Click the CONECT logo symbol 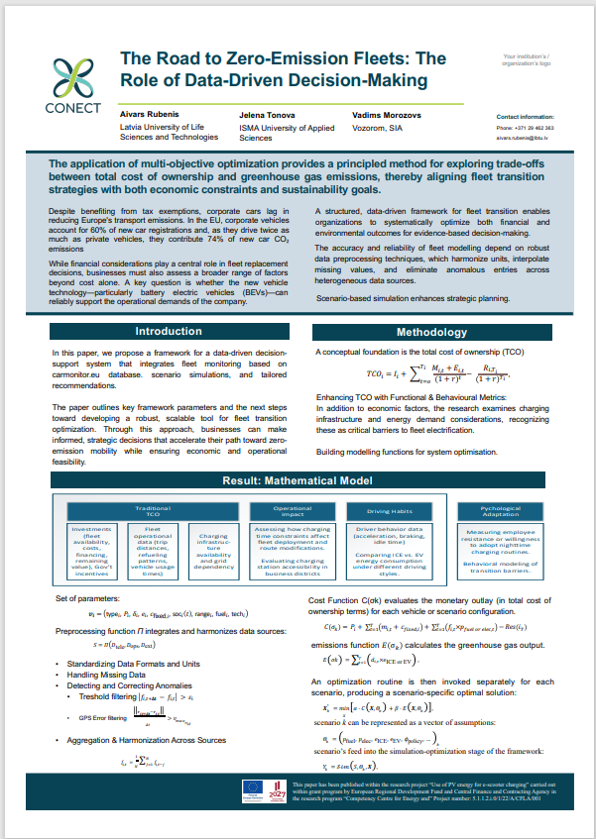click(72, 74)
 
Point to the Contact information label click(525, 116)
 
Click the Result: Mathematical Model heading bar click(297, 480)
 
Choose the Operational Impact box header click(294, 511)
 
